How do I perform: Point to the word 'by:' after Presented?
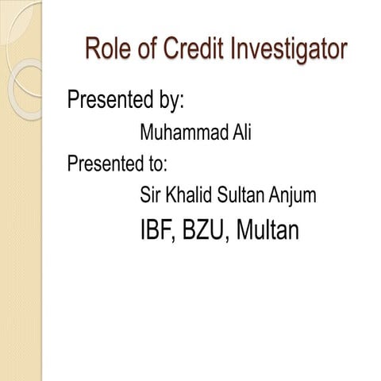pyautogui.click(x=168, y=102)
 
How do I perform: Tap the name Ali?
pyautogui.click(x=240, y=133)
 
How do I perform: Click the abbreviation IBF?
pyautogui.click(x=157, y=231)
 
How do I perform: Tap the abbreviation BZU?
pyautogui.click(x=202, y=231)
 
